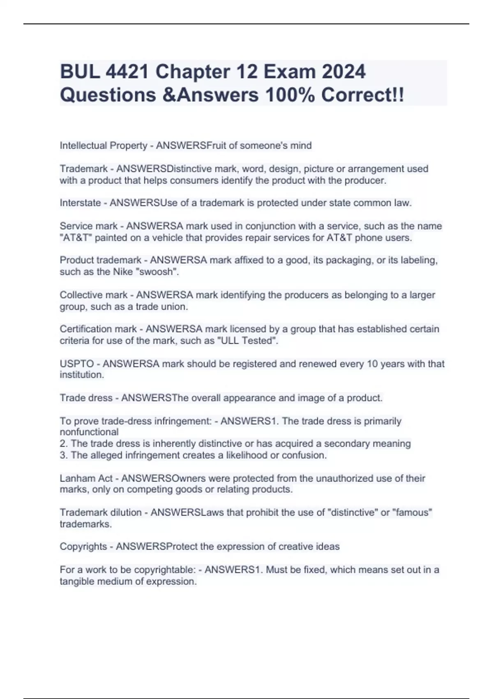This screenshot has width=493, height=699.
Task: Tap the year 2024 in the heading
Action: pos(343,72)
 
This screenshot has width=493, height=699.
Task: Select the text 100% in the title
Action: pos(290,95)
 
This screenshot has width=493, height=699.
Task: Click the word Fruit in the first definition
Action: pos(216,146)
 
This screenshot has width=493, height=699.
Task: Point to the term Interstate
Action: pos(80,203)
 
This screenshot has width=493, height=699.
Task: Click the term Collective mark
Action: pos(93,295)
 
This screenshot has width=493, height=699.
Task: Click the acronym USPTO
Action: pos(77,364)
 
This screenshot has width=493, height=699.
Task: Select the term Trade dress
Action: pos(86,398)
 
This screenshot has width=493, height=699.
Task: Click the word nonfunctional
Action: pos(89,432)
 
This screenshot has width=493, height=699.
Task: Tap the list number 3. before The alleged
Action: pos(64,456)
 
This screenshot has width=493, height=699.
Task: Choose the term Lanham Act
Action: pos(86,479)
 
